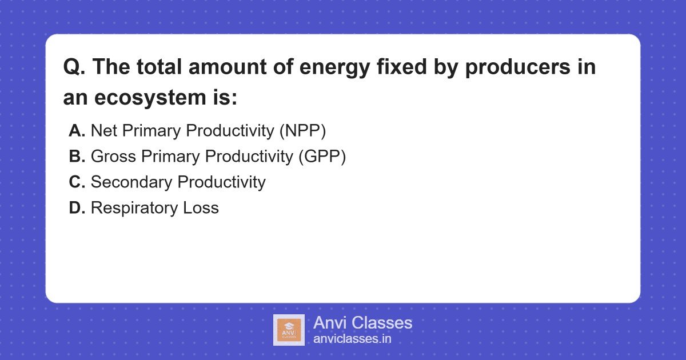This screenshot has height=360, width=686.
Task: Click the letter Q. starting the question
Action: pos(74,67)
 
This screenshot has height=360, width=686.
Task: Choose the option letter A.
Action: pos(77,131)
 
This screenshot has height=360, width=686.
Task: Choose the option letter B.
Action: pos(77,157)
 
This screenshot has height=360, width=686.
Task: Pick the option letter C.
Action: pos(77,182)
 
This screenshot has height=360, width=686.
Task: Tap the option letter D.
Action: pos(77,208)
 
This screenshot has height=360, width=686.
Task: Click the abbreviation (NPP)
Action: pos(302,131)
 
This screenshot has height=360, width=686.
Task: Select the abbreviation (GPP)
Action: pos(322,157)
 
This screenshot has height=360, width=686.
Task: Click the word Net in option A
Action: pos(103,131)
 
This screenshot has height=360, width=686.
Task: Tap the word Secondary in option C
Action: pos(131,182)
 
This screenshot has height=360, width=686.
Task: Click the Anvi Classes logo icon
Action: pos(289,330)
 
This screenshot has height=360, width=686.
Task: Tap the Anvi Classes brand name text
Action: pos(362,323)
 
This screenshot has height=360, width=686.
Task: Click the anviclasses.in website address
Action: pos(352,339)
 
